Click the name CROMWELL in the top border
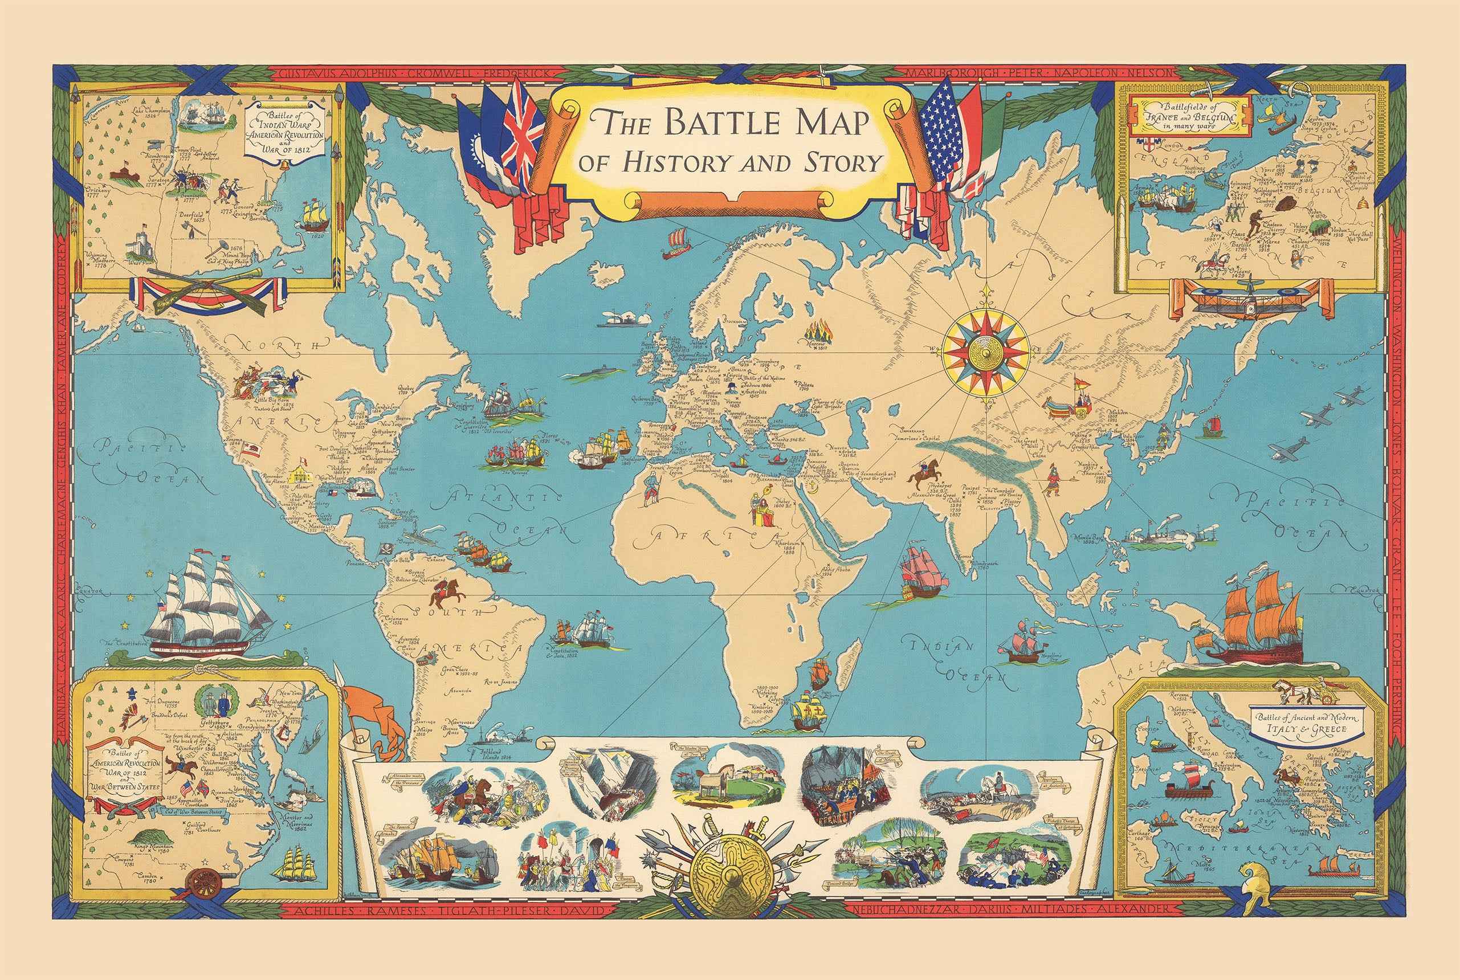(x=435, y=73)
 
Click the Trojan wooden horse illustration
(x=711, y=782)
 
